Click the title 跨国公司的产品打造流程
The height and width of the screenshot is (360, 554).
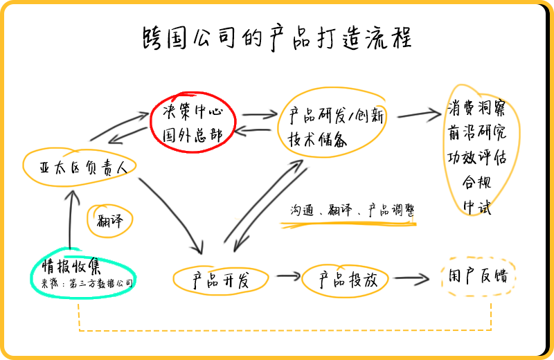tap(276, 38)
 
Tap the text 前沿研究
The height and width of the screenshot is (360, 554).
tap(476, 132)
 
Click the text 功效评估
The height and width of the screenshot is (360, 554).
tap(476, 156)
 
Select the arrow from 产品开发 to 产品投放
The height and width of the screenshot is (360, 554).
tap(285, 277)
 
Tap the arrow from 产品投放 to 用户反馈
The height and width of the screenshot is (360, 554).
tap(413, 278)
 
